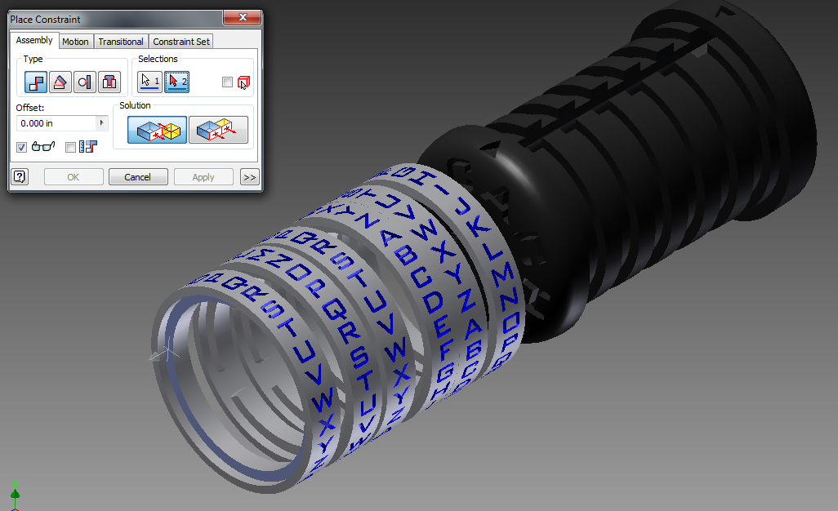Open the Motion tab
pyautogui.click(x=76, y=42)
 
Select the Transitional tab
pyautogui.click(x=120, y=42)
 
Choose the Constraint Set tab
pyautogui.click(x=181, y=42)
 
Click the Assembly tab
pyautogui.click(x=34, y=41)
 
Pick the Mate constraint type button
pyautogui.click(x=36, y=82)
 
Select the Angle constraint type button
pyautogui.click(x=60, y=82)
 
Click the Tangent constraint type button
pyautogui.click(x=85, y=82)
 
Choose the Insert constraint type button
pyautogui.click(x=109, y=82)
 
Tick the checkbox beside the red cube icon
pyautogui.click(x=228, y=82)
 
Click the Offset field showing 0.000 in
pyautogui.click(x=56, y=123)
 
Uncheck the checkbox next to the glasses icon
pyautogui.click(x=22, y=147)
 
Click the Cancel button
pyautogui.click(x=137, y=177)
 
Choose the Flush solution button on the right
pyautogui.click(x=218, y=130)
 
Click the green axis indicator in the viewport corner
pyautogui.click(x=15, y=493)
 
